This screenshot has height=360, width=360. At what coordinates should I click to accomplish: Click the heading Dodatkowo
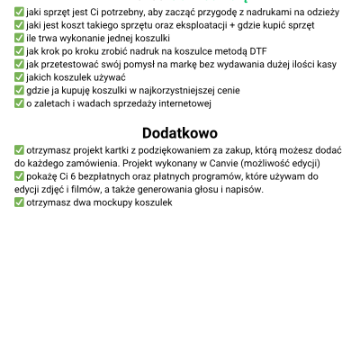180,132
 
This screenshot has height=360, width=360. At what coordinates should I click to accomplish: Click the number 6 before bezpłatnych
67,176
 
